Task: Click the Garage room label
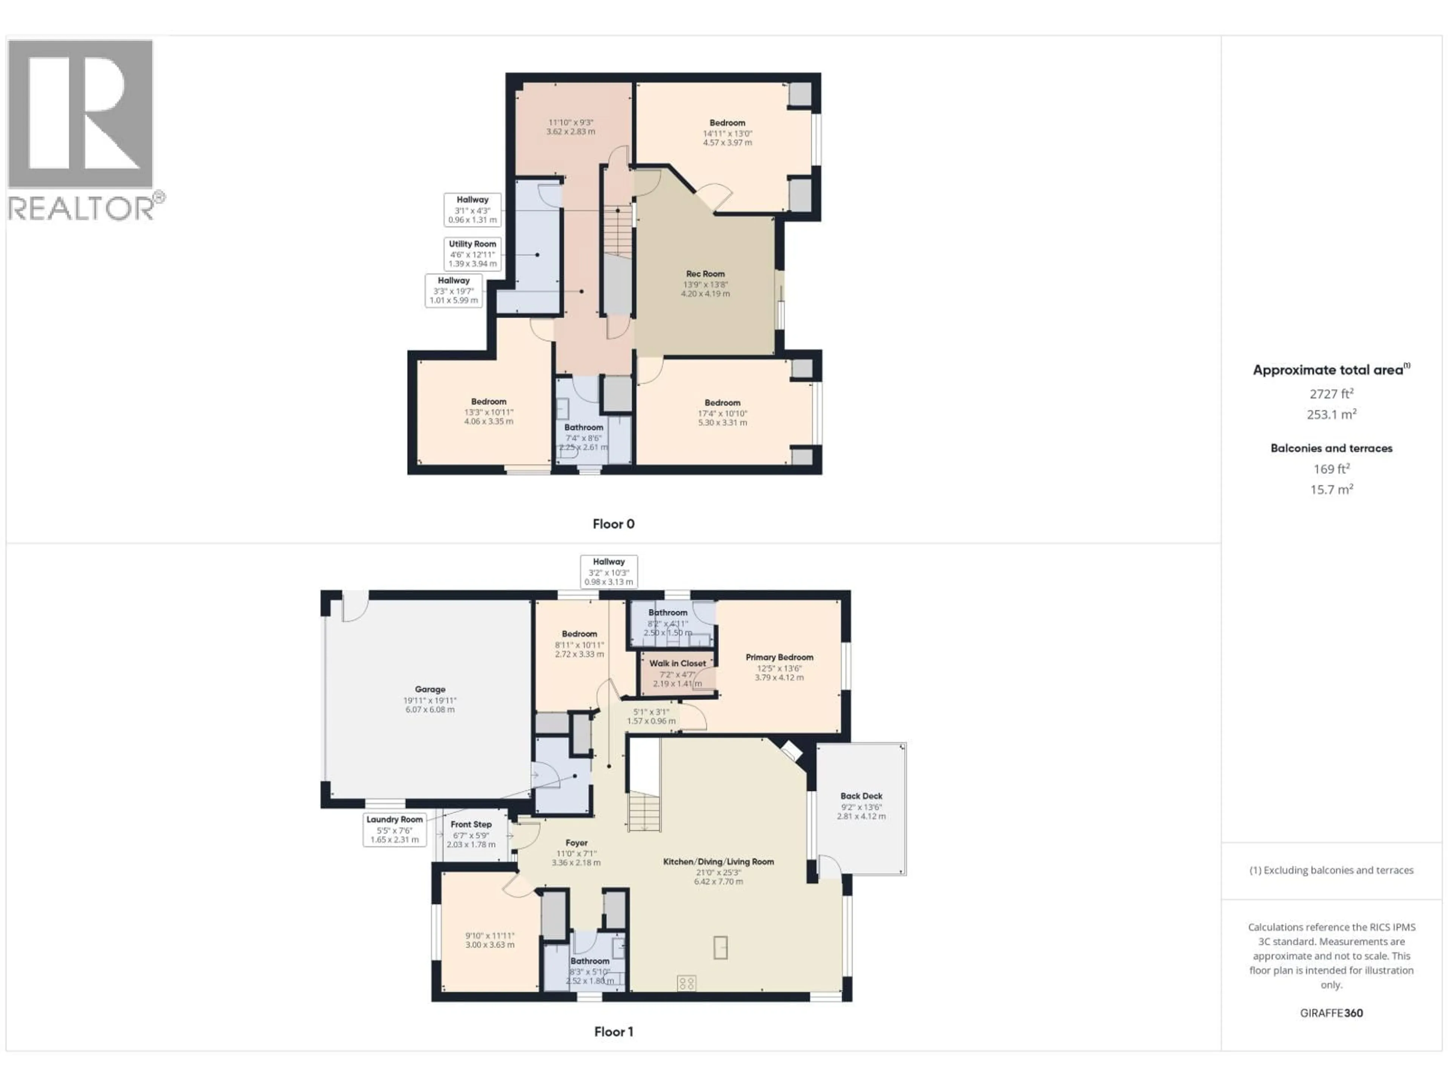pos(430,689)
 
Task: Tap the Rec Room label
pos(705,274)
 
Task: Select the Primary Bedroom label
pos(779,657)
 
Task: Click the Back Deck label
pos(861,796)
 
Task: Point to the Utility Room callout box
pos(472,253)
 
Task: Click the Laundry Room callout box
pos(395,829)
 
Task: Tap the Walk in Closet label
pos(678,663)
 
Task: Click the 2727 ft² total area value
pos(1331,393)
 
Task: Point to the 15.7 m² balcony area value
pos(1331,490)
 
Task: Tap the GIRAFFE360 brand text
pos(1331,1013)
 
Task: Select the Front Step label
pos(471,824)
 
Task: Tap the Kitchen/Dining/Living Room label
pos(718,862)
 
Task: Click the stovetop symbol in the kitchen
pos(686,983)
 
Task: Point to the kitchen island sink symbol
pos(720,947)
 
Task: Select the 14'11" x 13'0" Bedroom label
pos(727,123)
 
